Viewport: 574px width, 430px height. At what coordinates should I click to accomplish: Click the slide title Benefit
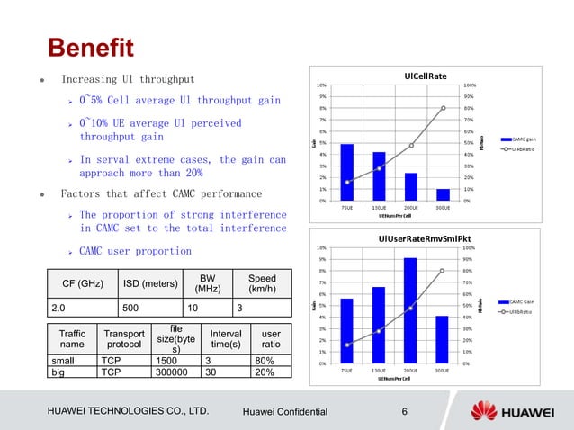tap(90, 45)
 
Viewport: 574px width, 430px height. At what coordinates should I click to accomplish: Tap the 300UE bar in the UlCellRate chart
tap(443, 194)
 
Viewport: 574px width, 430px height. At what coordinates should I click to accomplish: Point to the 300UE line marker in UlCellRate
tap(443, 108)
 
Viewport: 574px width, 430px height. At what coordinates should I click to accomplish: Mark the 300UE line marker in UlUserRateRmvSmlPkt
tap(443, 271)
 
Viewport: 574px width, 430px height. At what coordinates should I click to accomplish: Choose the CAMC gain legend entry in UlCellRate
tap(524, 139)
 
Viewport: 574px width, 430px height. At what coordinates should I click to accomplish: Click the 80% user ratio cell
tap(269, 359)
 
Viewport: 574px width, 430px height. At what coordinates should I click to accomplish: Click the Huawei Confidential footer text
tap(286, 412)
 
